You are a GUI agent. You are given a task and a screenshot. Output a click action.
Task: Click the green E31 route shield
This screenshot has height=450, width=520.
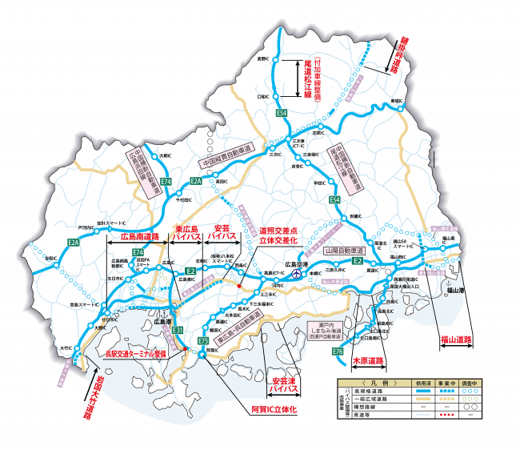pyautogui.click(x=178, y=330)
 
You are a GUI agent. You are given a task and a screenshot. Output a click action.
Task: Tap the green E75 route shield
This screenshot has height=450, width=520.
pyautogui.click(x=203, y=341)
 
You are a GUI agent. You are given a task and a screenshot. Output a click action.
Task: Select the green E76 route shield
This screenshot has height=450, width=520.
pyautogui.click(x=338, y=352)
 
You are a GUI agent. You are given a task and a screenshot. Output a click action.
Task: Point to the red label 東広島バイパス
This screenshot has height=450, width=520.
pyautogui.click(x=186, y=233)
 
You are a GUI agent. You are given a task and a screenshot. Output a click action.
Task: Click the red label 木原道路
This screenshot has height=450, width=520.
pyautogui.click(x=369, y=361)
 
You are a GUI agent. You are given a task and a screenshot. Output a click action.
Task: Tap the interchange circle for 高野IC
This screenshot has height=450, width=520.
pyautogui.click(x=274, y=58)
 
